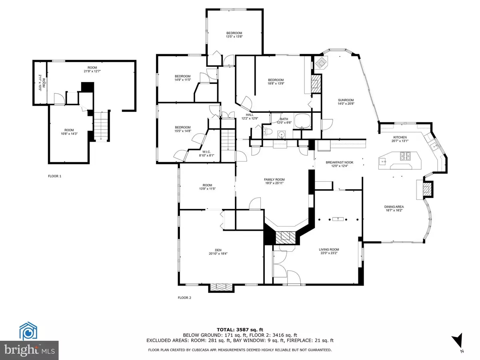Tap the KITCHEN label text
coord(400,137)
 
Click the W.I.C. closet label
coord(206,152)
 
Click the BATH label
coord(284,119)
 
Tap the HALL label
coord(250,115)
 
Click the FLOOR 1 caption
coord(54,176)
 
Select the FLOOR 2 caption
coord(185,297)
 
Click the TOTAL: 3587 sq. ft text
coord(240,330)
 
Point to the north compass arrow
coord(459,341)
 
